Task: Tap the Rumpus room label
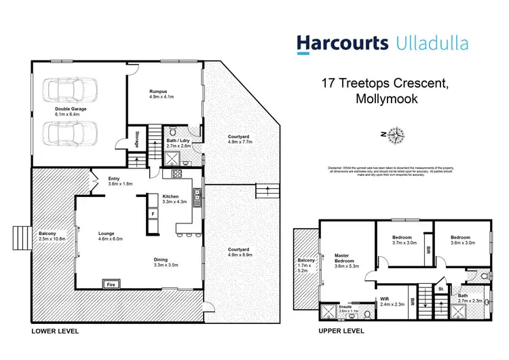(x=158, y=91)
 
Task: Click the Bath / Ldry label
(x=178, y=141)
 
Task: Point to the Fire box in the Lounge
(x=109, y=284)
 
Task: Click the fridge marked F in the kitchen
(x=153, y=214)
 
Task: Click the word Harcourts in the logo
(x=341, y=43)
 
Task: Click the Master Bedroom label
(x=346, y=259)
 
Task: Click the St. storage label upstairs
(x=440, y=289)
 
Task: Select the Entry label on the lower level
(x=113, y=179)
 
